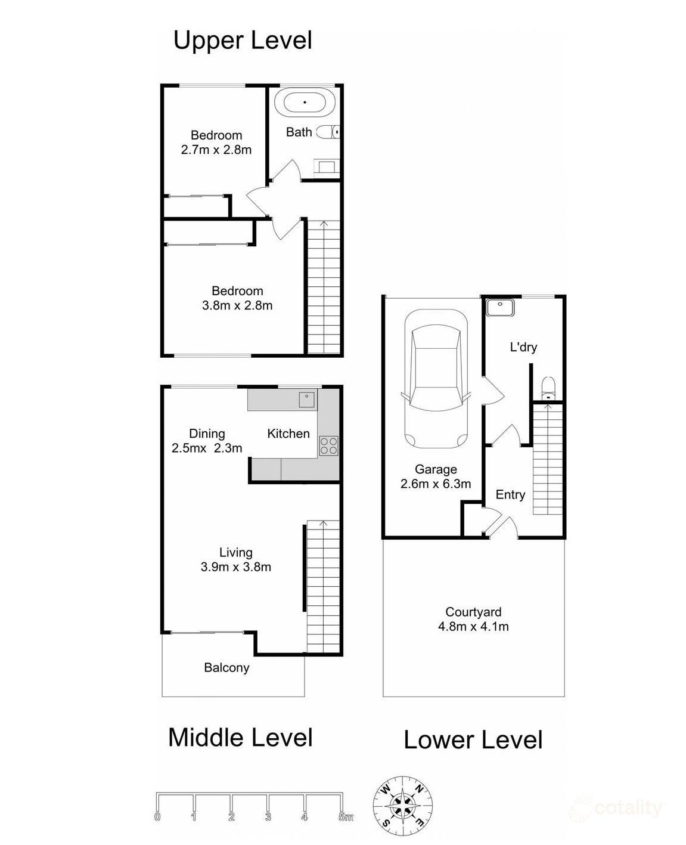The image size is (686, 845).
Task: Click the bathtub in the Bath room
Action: click(305, 102)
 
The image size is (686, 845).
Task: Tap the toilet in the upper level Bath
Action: click(328, 132)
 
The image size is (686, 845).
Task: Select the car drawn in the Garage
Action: click(435, 380)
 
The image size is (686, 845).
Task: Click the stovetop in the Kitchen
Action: click(328, 445)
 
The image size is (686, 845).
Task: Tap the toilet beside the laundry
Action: click(546, 388)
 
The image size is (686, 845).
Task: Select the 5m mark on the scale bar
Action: click(345, 817)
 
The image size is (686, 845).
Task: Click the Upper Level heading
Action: click(243, 41)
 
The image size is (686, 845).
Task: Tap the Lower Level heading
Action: click(473, 740)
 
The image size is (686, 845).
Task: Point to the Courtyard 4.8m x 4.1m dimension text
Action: click(473, 626)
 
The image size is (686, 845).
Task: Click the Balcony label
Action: click(226, 668)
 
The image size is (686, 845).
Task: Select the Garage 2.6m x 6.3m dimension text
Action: click(436, 484)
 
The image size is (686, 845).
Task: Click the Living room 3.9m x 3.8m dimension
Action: click(236, 567)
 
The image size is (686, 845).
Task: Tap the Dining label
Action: click(207, 434)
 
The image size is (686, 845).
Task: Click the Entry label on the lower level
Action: click(510, 494)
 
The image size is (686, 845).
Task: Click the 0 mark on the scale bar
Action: click(157, 817)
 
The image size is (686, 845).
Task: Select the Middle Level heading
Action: click(240, 738)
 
